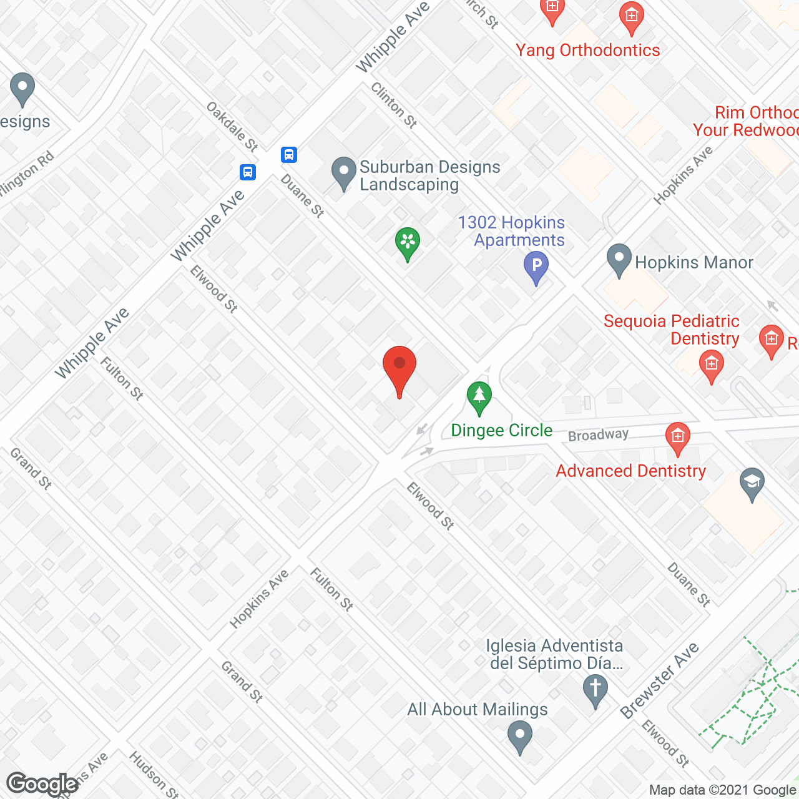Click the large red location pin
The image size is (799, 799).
(399, 368)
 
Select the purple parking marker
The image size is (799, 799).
(536, 267)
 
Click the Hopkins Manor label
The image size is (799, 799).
(694, 262)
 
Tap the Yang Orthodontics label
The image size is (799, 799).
(587, 51)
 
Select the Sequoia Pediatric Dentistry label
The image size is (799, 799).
(672, 330)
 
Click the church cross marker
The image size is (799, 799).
(595, 690)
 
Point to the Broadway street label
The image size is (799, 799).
(598, 434)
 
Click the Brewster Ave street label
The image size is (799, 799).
(659, 681)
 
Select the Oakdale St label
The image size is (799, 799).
(232, 127)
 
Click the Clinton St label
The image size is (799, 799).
(394, 105)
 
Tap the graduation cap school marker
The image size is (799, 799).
(752, 483)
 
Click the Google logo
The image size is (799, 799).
(42, 783)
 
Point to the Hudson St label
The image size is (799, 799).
(154, 775)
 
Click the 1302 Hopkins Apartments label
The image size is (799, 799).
(511, 231)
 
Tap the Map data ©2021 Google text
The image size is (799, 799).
(722, 790)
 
